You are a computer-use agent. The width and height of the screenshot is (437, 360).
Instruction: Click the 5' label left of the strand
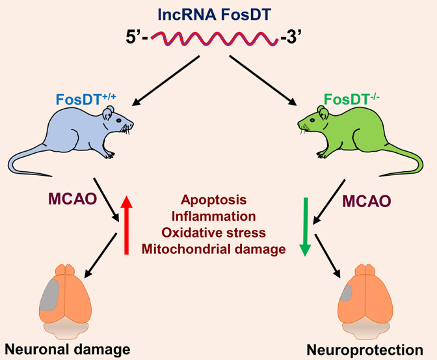click(x=138, y=39)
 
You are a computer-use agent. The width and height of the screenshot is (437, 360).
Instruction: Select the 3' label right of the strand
click(x=292, y=39)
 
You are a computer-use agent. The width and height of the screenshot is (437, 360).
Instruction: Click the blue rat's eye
click(x=118, y=117)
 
